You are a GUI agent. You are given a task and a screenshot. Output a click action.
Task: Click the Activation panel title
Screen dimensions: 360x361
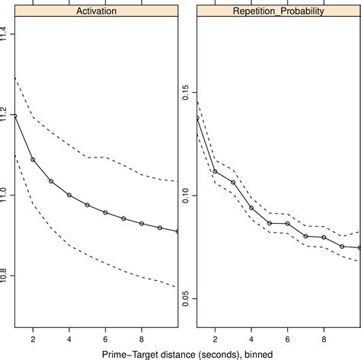[x=96, y=11]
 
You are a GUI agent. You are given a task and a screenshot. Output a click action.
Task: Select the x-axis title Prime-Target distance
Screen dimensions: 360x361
[x=180, y=352]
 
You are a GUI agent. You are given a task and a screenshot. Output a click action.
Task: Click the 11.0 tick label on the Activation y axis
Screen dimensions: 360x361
[x=7, y=195]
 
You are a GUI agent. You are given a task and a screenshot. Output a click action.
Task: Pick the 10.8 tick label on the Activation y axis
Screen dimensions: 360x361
[x=7, y=275]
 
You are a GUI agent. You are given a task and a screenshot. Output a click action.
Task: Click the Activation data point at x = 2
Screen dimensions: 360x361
[x=33, y=160]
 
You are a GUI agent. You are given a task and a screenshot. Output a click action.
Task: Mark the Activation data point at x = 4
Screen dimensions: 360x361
[x=69, y=195]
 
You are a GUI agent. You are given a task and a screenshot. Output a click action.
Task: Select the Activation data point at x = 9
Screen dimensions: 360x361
[x=160, y=228]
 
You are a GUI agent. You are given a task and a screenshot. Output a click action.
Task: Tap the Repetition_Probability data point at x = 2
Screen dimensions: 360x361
[x=215, y=171]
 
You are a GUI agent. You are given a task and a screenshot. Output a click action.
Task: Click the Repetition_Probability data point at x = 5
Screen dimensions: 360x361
[x=270, y=223]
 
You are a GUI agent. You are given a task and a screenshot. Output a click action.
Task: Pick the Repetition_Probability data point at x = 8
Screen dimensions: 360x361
[x=324, y=237]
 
